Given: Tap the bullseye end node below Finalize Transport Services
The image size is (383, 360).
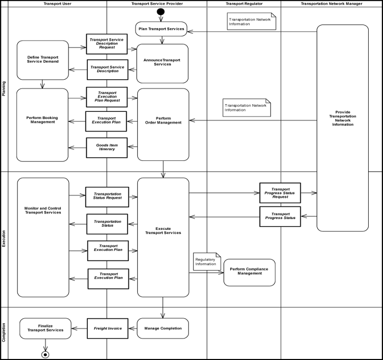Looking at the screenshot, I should click(x=45, y=354).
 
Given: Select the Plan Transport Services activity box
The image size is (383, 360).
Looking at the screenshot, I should click(x=161, y=29).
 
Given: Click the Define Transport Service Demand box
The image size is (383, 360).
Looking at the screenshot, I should click(x=43, y=60).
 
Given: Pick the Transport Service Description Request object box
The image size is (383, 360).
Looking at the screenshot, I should click(x=107, y=44).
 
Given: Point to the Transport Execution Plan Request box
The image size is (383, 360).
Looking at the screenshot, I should click(x=107, y=96).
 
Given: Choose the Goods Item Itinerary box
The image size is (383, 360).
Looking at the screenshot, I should click(x=107, y=148).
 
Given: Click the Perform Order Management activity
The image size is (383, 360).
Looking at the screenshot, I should click(x=163, y=121).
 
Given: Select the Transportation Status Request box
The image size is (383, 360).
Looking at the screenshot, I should click(x=107, y=197).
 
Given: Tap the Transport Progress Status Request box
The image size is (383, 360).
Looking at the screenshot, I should click(x=280, y=193).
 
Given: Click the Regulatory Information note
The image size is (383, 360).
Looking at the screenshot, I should click(x=207, y=261).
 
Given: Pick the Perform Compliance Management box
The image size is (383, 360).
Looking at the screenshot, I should click(x=249, y=272).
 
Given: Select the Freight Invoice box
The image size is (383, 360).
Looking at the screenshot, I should click(x=107, y=328).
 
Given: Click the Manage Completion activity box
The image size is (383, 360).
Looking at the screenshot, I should click(x=163, y=328).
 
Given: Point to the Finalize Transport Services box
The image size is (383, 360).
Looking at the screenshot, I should click(x=45, y=328).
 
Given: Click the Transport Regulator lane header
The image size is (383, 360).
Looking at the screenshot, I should click(x=244, y=4).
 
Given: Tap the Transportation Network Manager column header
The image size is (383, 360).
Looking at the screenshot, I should click(x=331, y=4).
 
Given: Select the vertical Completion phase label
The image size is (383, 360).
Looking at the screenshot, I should click(x=4, y=332).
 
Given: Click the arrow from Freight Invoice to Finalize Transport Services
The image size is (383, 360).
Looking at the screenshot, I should click(x=79, y=328).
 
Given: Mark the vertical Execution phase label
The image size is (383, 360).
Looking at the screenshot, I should click(x=4, y=239).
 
